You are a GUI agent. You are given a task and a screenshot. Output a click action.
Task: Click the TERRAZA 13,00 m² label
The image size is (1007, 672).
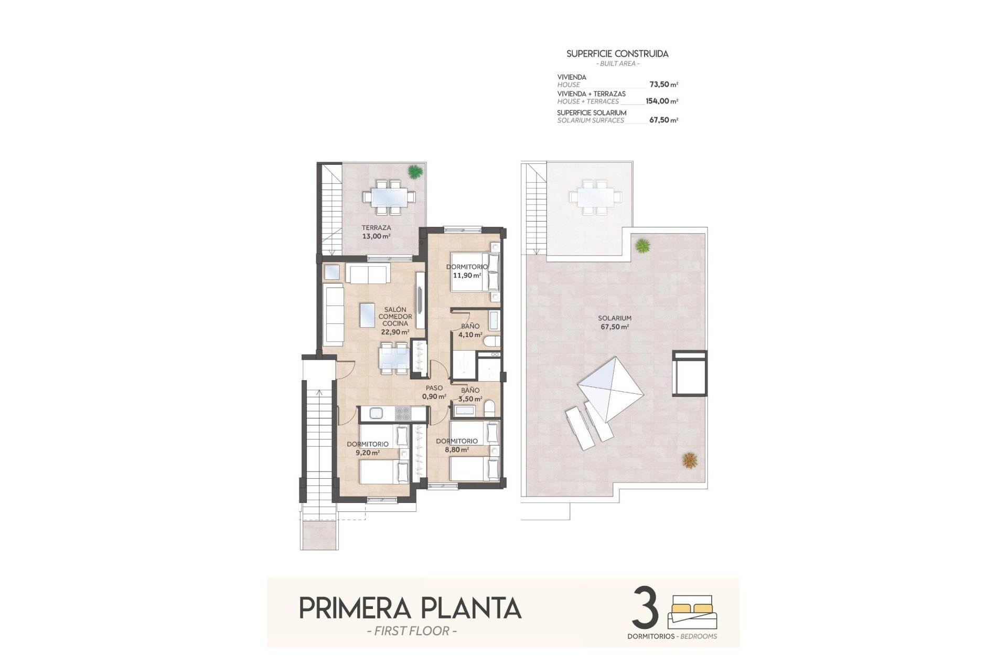(376, 232)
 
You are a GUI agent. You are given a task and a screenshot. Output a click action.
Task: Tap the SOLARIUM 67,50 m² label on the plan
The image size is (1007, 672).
(614, 322)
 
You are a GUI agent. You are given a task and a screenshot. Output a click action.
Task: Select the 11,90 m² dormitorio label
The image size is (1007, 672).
(467, 271)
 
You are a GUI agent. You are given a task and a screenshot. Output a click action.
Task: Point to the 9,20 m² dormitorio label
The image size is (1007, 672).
(367, 448)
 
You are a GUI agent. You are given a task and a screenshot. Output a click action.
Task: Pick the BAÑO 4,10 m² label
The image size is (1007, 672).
(469, 330)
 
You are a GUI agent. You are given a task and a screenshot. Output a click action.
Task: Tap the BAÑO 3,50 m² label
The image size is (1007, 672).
(469, 394)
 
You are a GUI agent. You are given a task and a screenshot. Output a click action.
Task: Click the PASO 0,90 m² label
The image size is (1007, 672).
(434, 392)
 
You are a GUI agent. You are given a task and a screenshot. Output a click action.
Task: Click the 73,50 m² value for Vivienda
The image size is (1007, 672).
(663, 85)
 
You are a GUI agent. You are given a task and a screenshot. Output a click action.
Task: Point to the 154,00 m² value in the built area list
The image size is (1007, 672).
(661, 101)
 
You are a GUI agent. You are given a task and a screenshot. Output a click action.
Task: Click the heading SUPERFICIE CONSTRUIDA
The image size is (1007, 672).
(617, 54)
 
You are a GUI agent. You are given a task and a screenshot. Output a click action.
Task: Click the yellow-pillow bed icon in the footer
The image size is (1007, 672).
(690, 612)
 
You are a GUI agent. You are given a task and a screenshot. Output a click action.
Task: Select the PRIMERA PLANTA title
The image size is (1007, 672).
(410, 608)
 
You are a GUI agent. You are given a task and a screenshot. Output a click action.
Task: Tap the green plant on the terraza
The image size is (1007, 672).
(415, 171)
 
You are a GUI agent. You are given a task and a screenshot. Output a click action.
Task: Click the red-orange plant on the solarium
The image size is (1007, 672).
(690, 460)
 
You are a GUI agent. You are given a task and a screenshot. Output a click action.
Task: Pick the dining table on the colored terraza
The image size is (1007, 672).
(389, 197)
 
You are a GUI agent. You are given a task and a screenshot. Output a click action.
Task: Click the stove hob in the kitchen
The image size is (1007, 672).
(403, 414)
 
